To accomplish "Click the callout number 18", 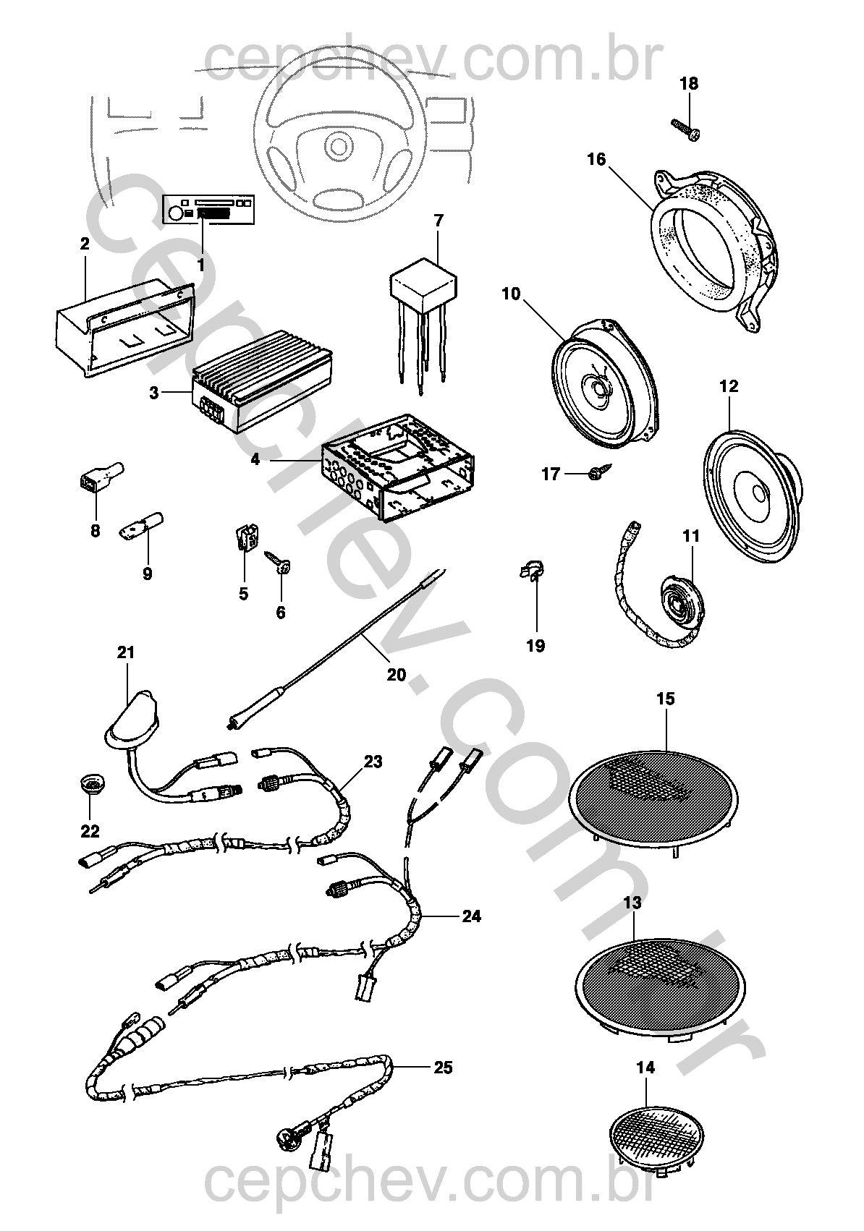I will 689,83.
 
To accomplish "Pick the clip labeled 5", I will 246,540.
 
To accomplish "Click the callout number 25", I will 443,1067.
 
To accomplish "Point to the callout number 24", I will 471,916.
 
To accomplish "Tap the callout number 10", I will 510,294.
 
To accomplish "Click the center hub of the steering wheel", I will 335,145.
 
